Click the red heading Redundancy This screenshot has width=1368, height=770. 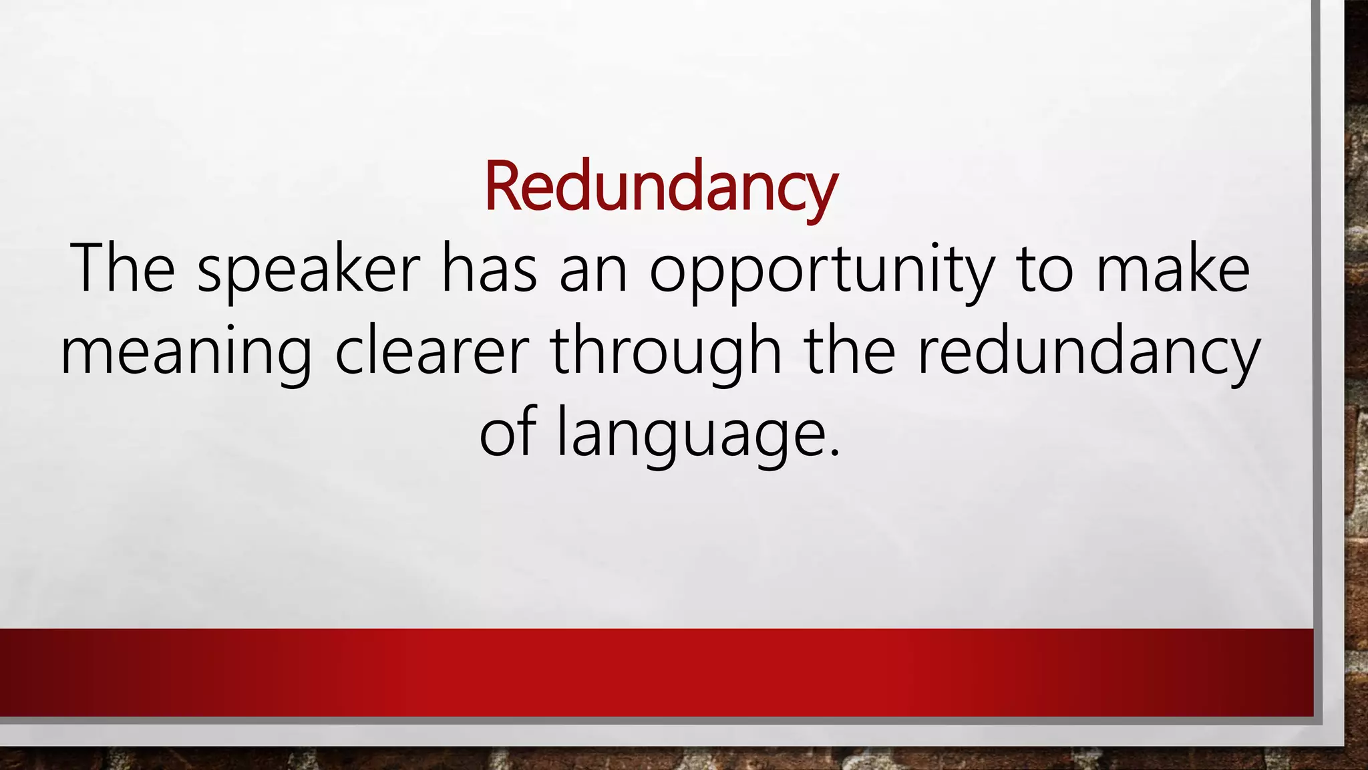660,186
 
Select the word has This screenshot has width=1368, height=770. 489,269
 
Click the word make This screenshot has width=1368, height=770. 1172,269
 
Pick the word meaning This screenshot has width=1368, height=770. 186,353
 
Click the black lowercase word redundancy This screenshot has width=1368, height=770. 1089,353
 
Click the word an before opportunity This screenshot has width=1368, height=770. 594,271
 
